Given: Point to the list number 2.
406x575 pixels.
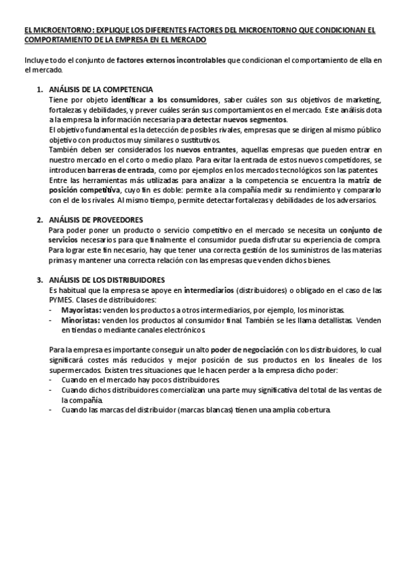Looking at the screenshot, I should [39, 219].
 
